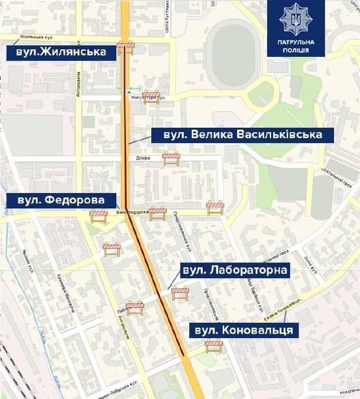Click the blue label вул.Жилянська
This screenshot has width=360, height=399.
pos(61,52)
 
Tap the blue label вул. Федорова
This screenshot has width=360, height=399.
pos(61,200)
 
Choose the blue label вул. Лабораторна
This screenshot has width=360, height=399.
pos(234,270)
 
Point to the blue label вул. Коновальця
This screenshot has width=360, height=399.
pos(244,330)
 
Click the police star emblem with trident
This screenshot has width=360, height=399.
pos(296,20)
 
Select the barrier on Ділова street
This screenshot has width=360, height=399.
pos(171,159)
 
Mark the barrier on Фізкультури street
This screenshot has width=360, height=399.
pos(151,97)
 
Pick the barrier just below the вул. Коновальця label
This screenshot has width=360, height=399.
pos(214,346)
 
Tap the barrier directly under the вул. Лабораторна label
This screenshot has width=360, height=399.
pos(180,293)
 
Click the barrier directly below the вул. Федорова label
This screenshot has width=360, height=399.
pos(98,216)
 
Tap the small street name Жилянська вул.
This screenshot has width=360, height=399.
pos(36,37)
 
